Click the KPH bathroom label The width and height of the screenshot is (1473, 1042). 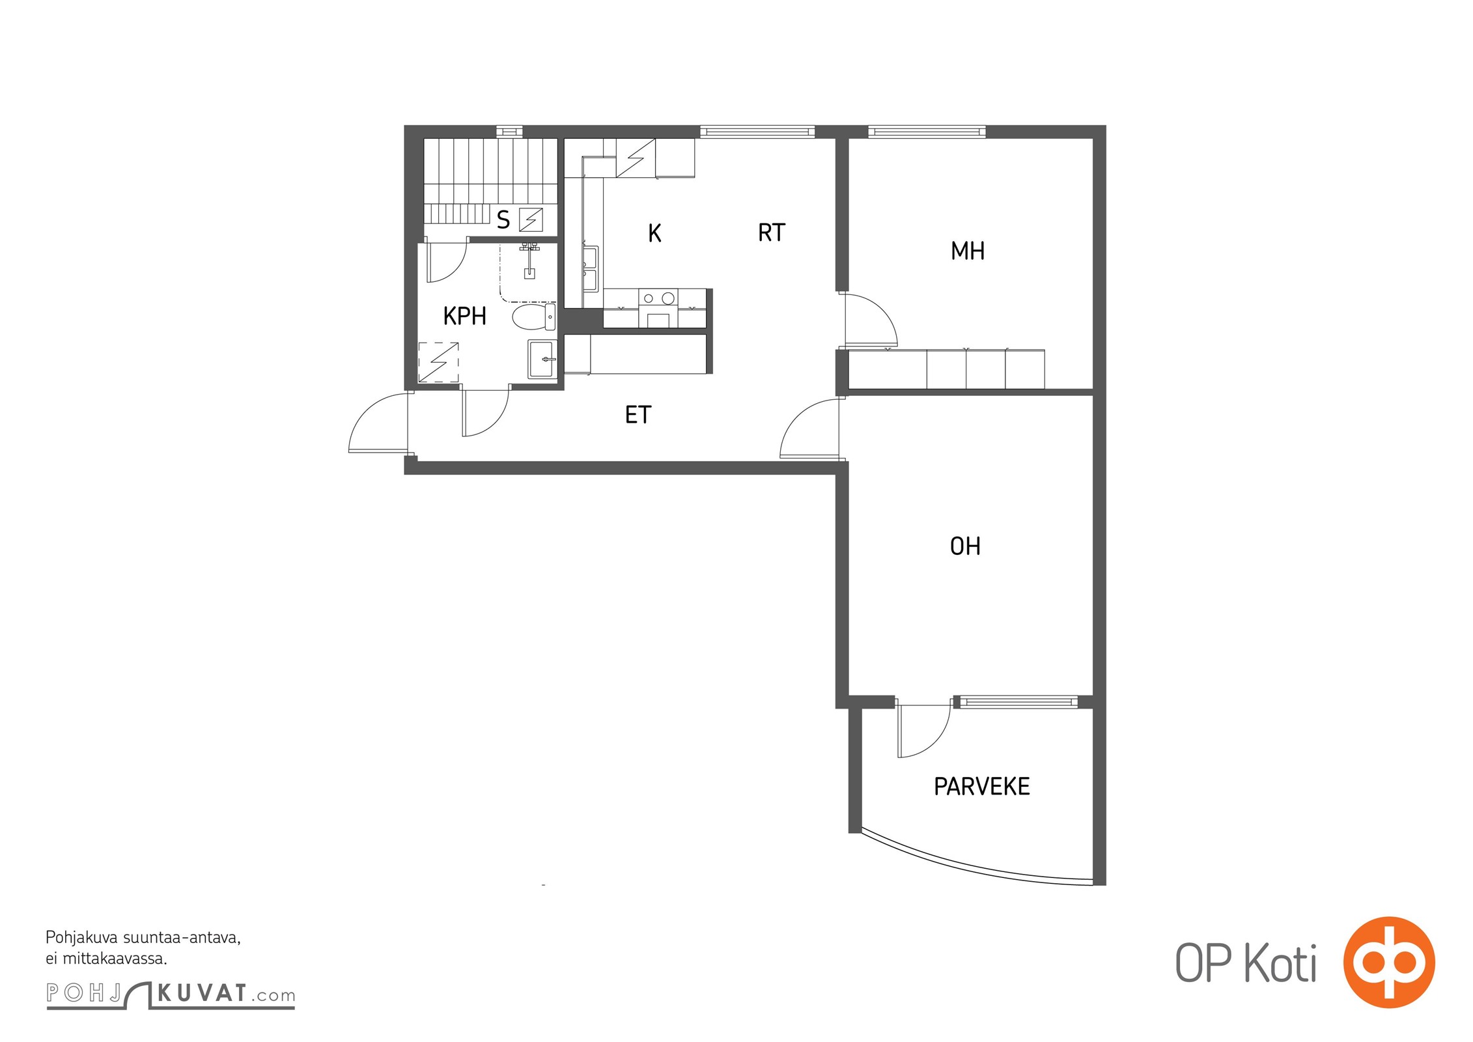[464, 316]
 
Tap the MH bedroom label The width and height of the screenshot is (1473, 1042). [968, 251]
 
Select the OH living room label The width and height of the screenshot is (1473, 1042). [965, 546]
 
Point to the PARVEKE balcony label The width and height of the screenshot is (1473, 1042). [981, 787]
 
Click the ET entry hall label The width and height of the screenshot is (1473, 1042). [638, 415]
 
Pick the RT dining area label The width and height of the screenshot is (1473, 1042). [772, 232]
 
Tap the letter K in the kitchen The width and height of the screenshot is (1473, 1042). [654, 233]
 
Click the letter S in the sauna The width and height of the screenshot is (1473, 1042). [503, 220]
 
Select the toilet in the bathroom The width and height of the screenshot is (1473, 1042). [534, 317]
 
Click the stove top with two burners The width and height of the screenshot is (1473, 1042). [658, 298]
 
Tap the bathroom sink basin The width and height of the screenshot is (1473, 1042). [542, 359]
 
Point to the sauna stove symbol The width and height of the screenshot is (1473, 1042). [531, 220]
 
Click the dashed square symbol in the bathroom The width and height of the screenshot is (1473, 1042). [438, 361]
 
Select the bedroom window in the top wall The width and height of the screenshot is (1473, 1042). [927, 132]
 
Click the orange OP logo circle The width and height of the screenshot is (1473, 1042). [1388, 962]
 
